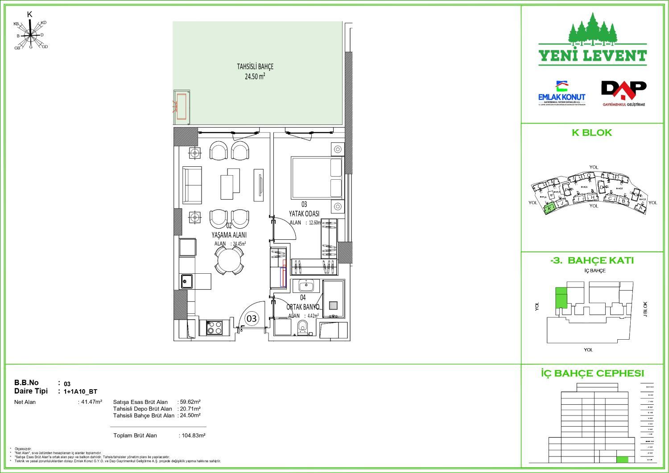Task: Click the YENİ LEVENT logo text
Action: pyautogui.click(x=592, y=56)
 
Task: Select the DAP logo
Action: pyautogui.click(x=624, y=93)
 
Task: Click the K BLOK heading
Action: pyautogui.click(x=592, y=133)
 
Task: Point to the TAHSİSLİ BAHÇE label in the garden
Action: pyautogui.click(x=255, y=71)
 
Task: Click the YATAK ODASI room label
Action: pyautogui.click(x=304, y=214)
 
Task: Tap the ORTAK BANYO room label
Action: pyautogui.click(x=303, y=307)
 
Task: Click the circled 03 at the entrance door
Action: pyautogui.click(x=252, y=318)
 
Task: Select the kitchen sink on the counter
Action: pyautogui.click(x=187, y=281)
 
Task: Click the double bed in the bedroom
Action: pyautogui.click(x=317, y=177)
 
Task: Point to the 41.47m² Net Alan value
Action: pyautogui.click(x=90, y=402)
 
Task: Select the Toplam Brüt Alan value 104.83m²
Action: pyautogui.click(x=192, y=436)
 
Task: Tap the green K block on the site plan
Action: pyautogui.click(x=549, y=208)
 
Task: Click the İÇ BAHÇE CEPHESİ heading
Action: pyautogui.click(x=592, y=374)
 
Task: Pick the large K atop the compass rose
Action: pyautogui.click(x=30, y=15)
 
